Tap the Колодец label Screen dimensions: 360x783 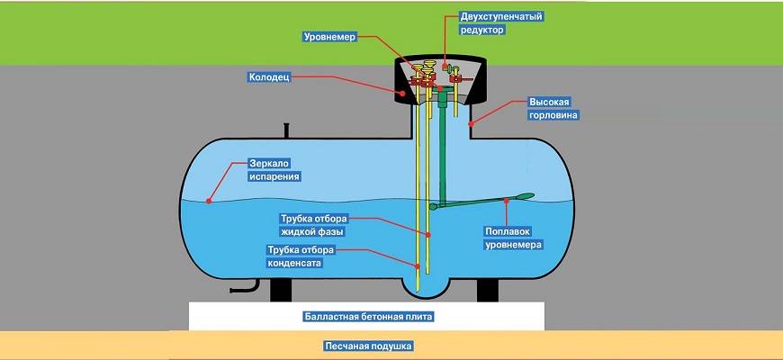click(269, 77)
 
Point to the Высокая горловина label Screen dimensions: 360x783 click(552, 109)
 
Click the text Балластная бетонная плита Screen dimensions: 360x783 click(366, 318)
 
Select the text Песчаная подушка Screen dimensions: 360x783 click(365, 346)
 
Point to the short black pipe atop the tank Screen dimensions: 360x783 click(286, 131)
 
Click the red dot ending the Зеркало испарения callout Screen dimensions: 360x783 click(208, 199)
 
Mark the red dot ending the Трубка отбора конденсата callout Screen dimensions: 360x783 click(418, 265)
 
